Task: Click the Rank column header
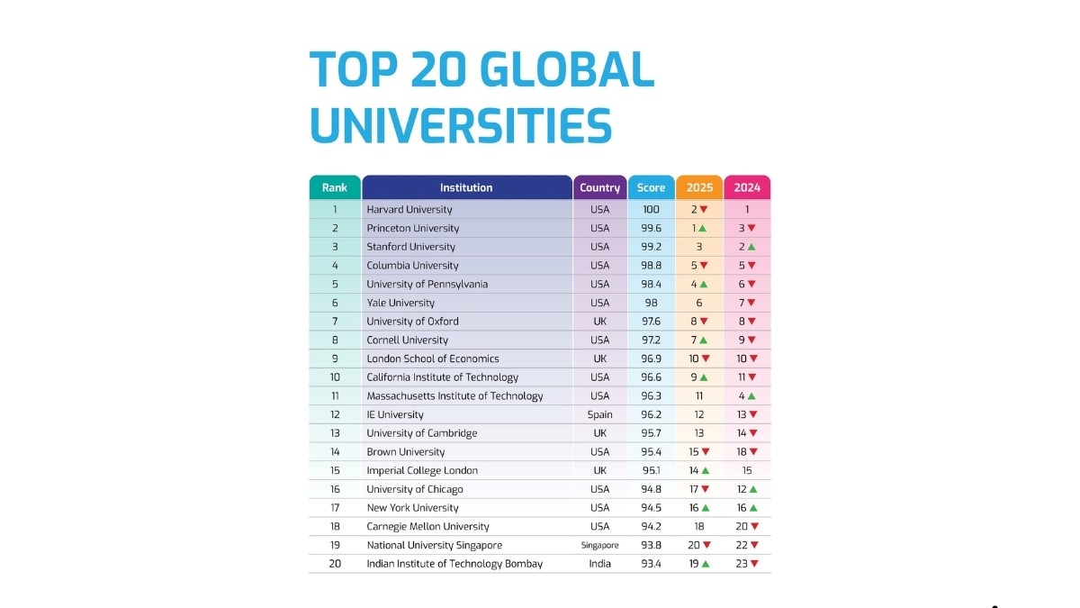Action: pyautogui.click(x=335, y=187)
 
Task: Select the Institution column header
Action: pyautogui.click(x=466, y=187)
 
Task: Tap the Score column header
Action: pyautogui.click(x=651, y=187)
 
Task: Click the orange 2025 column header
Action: pyautogui.click(x=699, y=187)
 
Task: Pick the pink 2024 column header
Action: pyautogui.click(x=747, y=187)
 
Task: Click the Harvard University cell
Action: pyautogui.click(x=409, y=210)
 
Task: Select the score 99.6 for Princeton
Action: pyautogui.click(x=651, y=229)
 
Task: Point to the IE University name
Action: pyautogui.click(x=394, y=415)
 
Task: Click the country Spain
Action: pyautogui.click(x=599, y=415)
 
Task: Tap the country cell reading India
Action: pyautogui.click(x=599, y=564)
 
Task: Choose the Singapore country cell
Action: pyautogui.click(x=599, y=546)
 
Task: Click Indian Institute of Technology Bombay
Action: pyautogui.click(x=454, y=564)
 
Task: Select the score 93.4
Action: pyautogui.click(x=651, y=564)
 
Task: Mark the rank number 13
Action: pyautogui.click(x=335, y=433)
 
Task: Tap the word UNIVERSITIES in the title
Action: pyautogui.click(x=461, y=125)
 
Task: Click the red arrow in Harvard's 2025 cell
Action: pyautogui.click(x=706, y=210)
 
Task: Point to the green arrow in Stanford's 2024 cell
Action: pyautogui.click(x=753, y=247)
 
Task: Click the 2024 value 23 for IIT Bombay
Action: pyautogui.click(x=742, y=564)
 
